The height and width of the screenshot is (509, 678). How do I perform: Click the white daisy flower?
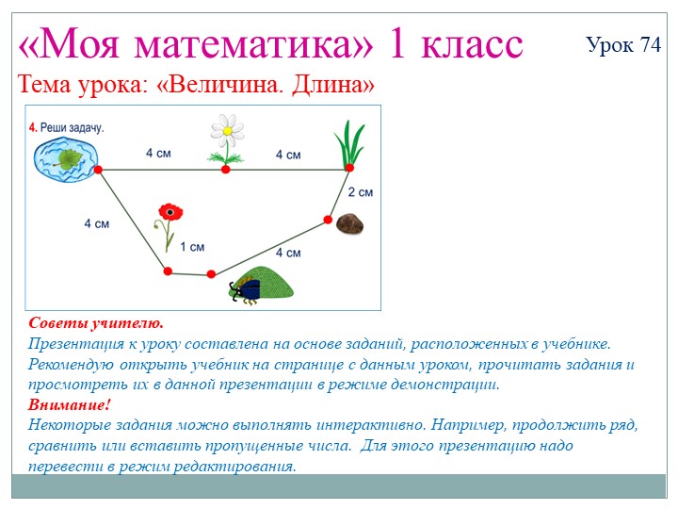point(225,133)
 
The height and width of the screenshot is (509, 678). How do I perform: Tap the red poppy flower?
point(169,212)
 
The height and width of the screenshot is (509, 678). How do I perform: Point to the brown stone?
point(351,223)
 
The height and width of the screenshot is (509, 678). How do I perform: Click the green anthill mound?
point(268,282)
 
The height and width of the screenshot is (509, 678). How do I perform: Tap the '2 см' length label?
point(360,192)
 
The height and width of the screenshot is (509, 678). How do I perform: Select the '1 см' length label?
point(192,247)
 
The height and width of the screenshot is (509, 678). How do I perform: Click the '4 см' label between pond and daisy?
point(157,153)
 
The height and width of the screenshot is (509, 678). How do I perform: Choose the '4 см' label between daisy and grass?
point(287,154)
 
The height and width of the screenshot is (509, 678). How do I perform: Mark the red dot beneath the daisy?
point(225,170)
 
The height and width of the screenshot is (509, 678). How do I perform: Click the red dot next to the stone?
point(328,220)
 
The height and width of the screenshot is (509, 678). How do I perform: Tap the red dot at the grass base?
point(348,168)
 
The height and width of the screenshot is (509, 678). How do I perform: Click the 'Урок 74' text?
point(622,44)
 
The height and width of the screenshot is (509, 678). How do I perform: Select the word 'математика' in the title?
point(254,43)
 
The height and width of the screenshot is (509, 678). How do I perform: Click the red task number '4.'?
point(33,126)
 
